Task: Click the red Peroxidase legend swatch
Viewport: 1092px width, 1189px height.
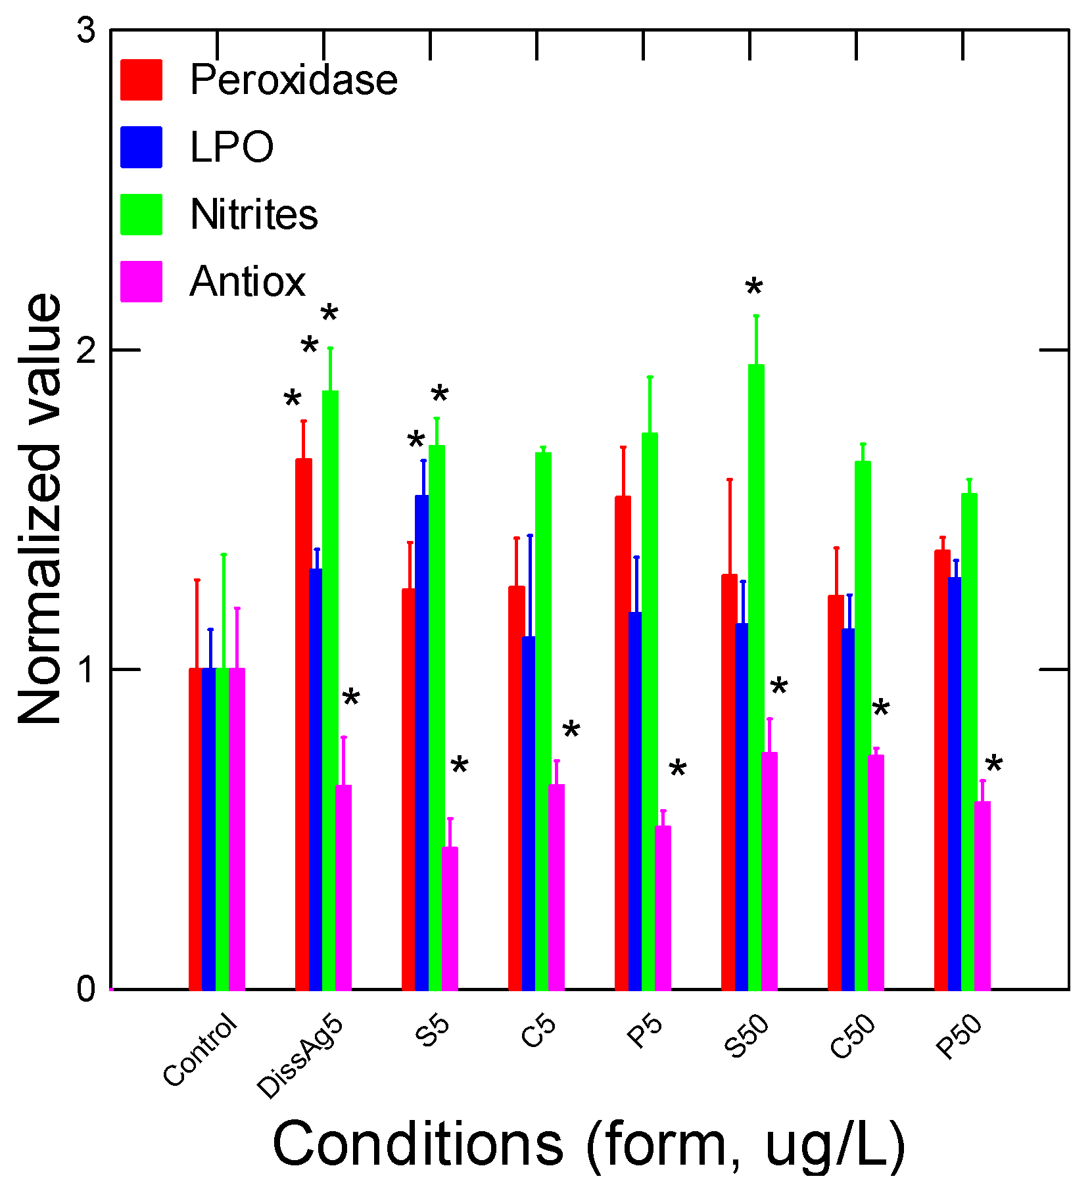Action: coord(141,80)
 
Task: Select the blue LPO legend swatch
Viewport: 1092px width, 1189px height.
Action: coord(141,147)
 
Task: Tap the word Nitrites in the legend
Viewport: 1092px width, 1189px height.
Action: coord(254,214)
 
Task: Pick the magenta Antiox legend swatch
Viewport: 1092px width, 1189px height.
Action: coord(141,282)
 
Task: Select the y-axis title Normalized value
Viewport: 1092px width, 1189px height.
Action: coord(39,509)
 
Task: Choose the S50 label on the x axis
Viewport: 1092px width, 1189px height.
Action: coord(747,1037)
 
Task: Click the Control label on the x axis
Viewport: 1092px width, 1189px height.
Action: coord(200,1050)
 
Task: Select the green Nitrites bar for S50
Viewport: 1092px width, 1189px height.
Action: coord(756,677)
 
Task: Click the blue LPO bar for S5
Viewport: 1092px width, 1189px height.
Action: coord(422,743)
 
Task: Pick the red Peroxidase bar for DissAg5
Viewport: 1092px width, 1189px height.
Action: coord(303,723)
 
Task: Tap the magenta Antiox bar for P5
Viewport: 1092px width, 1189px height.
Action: coord(663,907)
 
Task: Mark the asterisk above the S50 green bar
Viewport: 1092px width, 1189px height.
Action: coord(754,287)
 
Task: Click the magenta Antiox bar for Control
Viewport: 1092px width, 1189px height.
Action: coord(237,828)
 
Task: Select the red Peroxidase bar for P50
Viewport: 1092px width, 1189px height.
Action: coord(942,769)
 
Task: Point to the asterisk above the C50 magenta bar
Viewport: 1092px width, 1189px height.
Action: coord(880,708)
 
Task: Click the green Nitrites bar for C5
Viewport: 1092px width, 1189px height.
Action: coord(543,720)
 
